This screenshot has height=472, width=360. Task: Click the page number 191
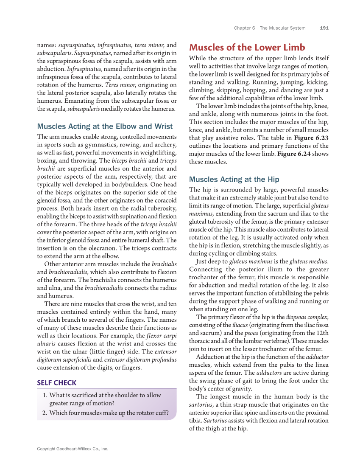click(324, 28)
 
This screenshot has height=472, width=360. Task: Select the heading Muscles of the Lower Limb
click(247, 47)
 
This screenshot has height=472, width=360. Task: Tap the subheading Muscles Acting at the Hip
click(234, 179)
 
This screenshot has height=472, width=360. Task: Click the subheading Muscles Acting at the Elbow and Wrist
click(105, 126)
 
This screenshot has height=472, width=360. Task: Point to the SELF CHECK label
click(57, 382)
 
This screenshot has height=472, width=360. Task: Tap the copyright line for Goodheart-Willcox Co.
click(73, 449)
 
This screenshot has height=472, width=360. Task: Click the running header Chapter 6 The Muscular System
click(270, 28)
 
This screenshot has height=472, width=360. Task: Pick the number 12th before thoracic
click(322, 333)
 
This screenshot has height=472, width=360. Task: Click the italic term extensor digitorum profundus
click(140, 360)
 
